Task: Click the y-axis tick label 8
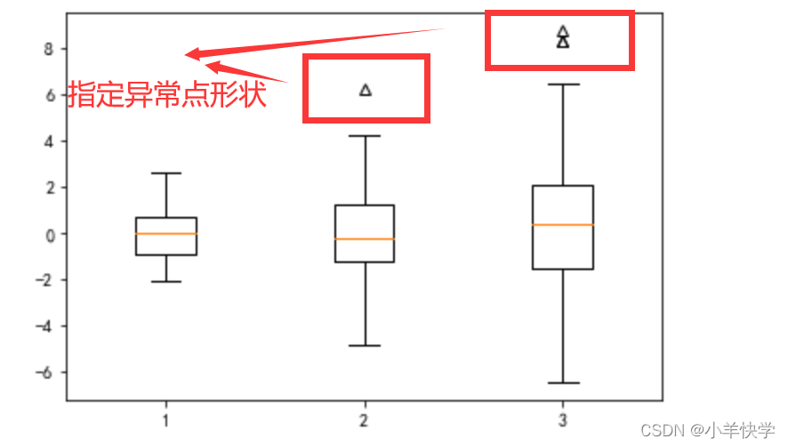tap(49, 49)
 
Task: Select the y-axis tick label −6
tap(44, 372)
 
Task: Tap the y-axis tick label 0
tap(49, 234)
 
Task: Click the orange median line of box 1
tap(166, 234)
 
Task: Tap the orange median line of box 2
tap(365, 239)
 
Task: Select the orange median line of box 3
tap(563, 225)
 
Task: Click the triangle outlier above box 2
tap(366, 90)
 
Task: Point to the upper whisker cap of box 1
tap(166, 173)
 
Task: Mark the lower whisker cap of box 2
tap(365, 345)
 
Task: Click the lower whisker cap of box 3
tap(563, 383)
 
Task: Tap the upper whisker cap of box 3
tap(563, 84)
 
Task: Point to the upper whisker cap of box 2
tap(365, 136)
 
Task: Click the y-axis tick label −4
tap(44, 326)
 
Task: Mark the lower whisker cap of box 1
tap(166, 282)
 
